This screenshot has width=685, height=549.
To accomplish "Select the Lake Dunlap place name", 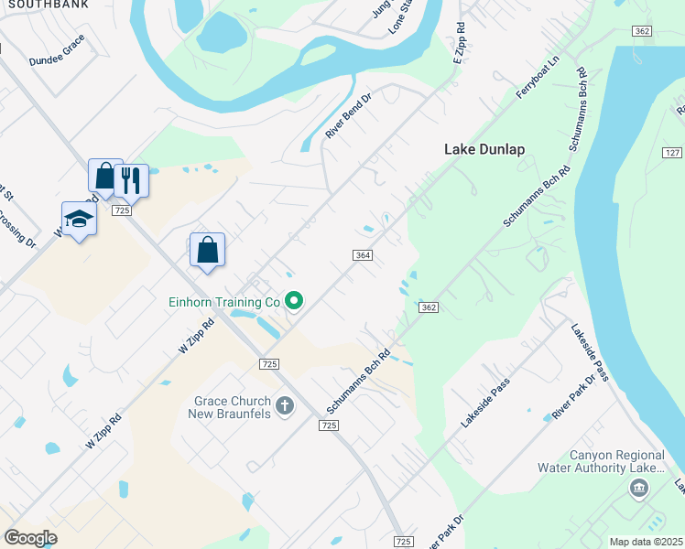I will click(x=484, y=149).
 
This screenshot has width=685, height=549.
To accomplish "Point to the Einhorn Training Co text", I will click(x=223, y=301).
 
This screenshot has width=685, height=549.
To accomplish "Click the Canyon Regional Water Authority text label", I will click(x=617, y=461).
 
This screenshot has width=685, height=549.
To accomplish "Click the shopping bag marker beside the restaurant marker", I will click(x=105, y=175).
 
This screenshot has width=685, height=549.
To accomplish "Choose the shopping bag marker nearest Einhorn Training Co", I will click(x=208, y=249).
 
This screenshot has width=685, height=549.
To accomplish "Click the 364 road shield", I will click(x=362, y=255).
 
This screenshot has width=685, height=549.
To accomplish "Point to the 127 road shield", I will click(x=672, y=154).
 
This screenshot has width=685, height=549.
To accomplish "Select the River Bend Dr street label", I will click(x=348, y=116).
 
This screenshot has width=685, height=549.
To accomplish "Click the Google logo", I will click(x=30, y=537).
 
